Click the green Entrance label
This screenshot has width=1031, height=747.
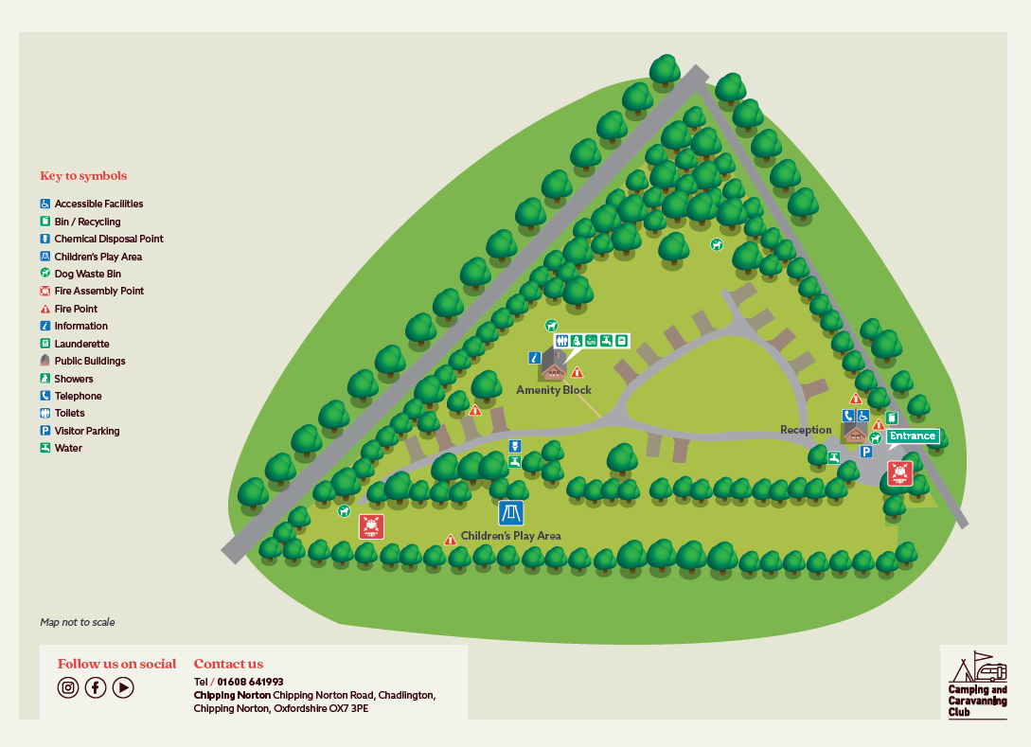[913, 436]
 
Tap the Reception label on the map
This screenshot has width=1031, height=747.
[806, 430]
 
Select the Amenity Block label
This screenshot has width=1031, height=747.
[554, 390]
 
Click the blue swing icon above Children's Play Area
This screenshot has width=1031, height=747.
[511, 513]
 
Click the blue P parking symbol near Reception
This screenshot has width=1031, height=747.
[865, 452]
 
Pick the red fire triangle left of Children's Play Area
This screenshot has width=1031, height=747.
[451, 540]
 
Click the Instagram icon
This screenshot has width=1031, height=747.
[68, 688]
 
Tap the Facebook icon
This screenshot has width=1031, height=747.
[96, 688]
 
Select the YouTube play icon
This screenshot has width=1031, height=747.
[123, 688]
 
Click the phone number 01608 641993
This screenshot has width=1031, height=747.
[250, 682]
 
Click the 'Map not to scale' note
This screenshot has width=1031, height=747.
[78, 622]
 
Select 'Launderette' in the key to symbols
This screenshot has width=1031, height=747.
[81, 344]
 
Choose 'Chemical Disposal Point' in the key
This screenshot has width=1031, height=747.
[109, 239]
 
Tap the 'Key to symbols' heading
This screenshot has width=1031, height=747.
[83, 176]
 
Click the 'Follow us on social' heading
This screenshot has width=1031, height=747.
[116, 664]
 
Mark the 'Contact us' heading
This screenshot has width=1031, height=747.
[228, 664]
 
